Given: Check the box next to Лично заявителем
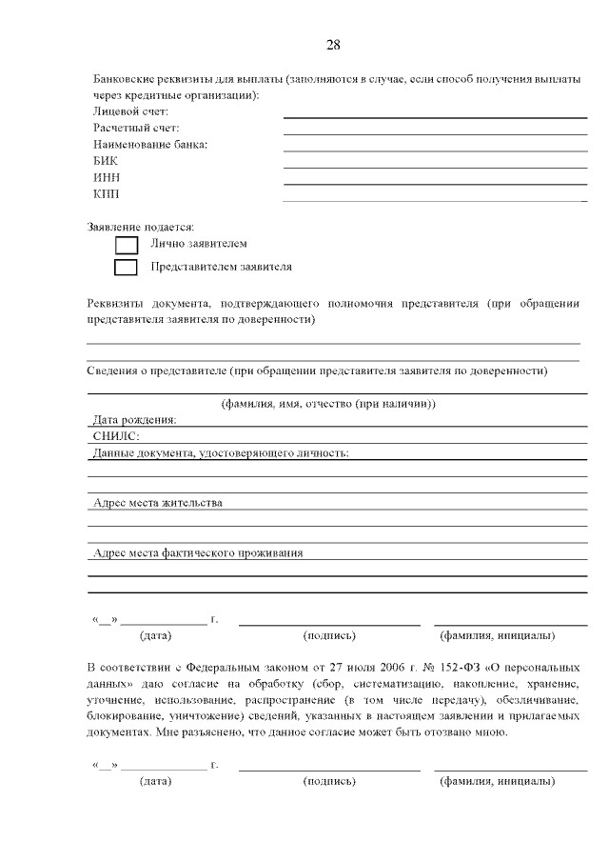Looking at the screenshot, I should pos(126,246).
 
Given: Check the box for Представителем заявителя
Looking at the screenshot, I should pos(126,268).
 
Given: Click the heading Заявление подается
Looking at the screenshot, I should pos(141,227).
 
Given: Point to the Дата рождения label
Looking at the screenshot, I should pos(135,419).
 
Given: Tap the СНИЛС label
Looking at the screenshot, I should pos(116,435).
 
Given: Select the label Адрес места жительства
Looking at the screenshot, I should pos(158,502).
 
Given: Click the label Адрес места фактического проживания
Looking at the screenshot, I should pos(198,552).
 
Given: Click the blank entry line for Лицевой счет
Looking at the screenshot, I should pos(435,116).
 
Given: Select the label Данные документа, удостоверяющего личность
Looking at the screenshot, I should pos(221,452).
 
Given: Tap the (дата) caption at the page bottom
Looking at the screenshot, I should pos(155,781).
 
